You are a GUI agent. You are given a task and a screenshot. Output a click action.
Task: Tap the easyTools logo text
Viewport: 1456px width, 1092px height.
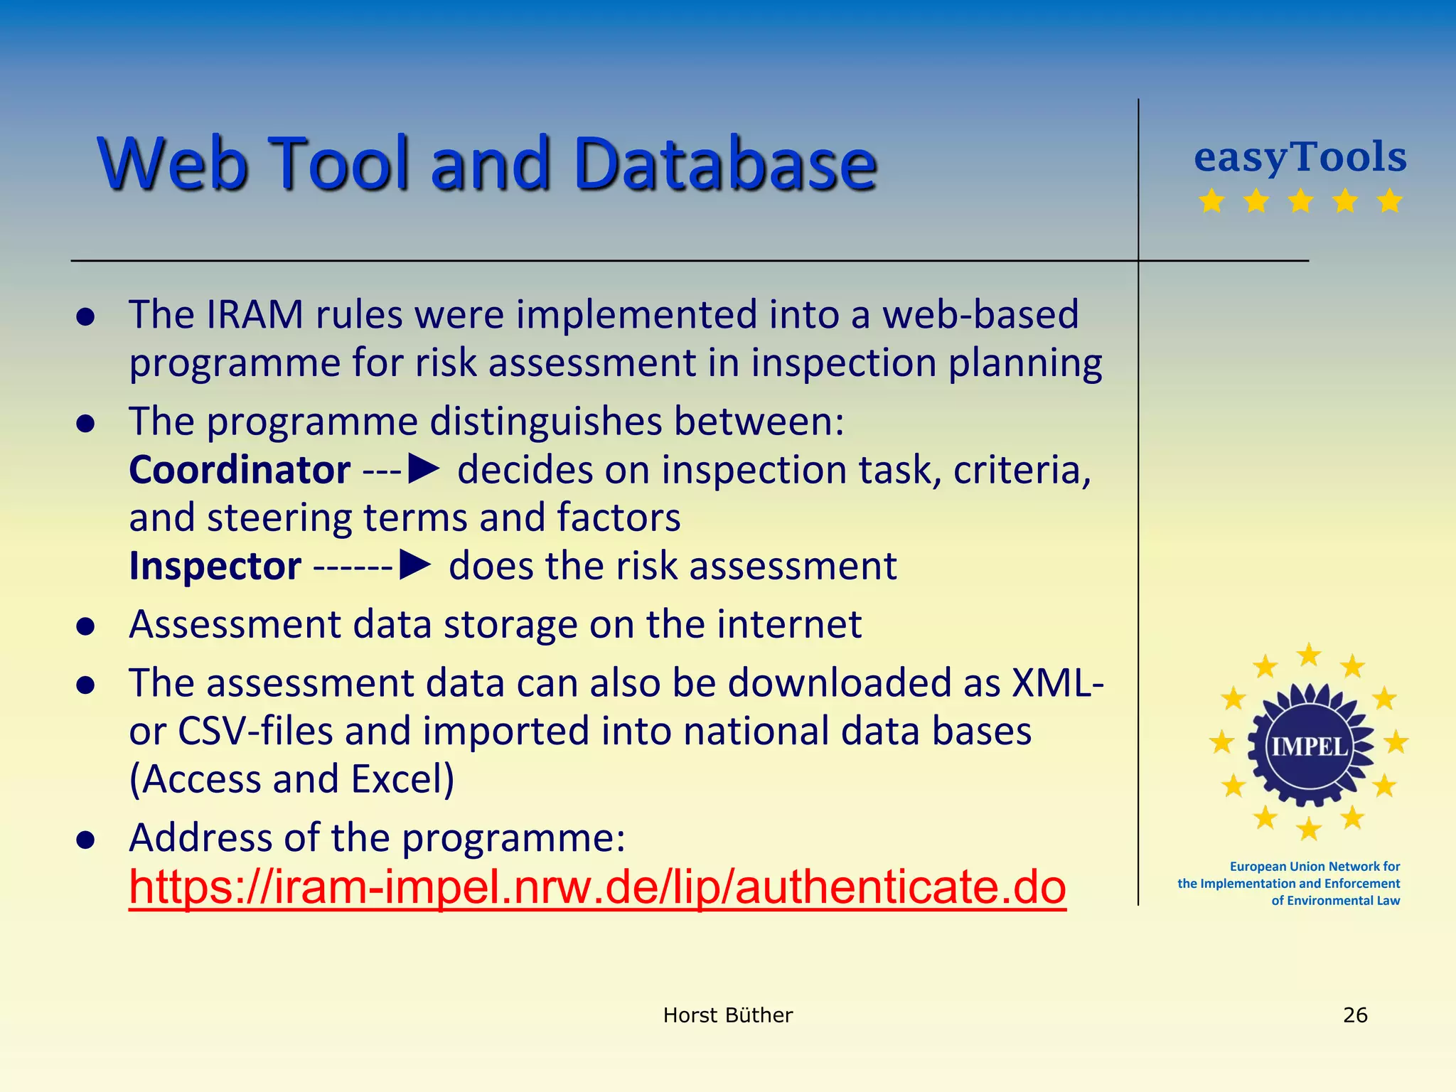(1300, 157)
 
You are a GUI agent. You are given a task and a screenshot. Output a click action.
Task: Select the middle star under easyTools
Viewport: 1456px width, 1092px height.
(1300, 201)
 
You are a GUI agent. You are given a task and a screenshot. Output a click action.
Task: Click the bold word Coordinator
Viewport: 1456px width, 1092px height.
(240, 470)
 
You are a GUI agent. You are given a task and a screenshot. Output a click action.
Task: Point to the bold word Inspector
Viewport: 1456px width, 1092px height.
(215, 567)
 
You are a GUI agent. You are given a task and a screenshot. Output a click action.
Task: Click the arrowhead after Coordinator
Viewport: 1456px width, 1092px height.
(425, 469)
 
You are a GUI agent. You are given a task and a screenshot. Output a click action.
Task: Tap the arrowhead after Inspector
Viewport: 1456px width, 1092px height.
(416, 566)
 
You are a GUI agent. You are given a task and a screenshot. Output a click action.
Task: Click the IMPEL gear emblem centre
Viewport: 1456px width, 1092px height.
(1309, 746)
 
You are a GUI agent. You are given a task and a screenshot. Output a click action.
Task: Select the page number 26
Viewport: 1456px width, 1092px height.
(1355, 1015)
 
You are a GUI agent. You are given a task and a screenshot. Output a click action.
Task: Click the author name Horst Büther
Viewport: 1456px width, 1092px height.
(727, 1015)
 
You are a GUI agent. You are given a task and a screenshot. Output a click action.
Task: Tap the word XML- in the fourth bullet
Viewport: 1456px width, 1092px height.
(1056, 682)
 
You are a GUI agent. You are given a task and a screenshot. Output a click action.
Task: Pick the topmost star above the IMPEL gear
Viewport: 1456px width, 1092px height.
(1309, 655)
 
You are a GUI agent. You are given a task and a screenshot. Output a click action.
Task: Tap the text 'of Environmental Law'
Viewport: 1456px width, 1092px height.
(1335, 901)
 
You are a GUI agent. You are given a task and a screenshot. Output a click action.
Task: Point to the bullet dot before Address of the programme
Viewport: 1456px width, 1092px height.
(86, 840)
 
